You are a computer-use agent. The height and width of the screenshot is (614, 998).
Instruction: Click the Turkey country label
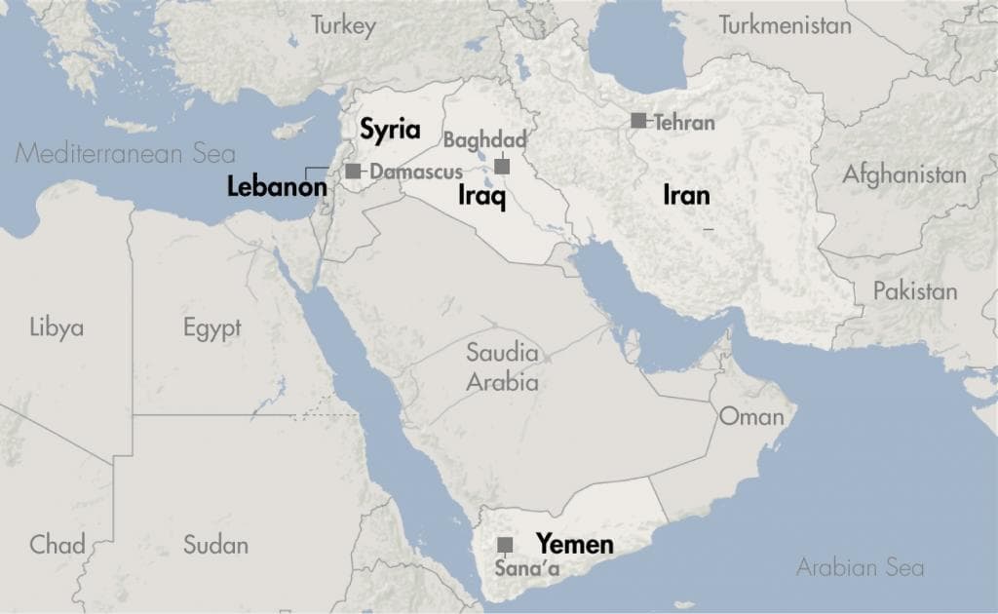point(343,26)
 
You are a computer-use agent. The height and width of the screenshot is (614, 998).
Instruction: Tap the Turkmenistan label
point(785,25)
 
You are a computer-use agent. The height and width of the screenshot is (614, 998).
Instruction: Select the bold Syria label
point(390,130)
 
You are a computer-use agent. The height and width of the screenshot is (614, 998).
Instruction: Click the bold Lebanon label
point(277,187)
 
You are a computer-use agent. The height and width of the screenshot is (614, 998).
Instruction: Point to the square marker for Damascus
point(353,172)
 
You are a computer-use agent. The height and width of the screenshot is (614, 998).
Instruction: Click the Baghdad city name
point(484,140)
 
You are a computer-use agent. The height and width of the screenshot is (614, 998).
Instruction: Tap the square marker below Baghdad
point(502,167)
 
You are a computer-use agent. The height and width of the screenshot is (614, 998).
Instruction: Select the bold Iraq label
point(481,198)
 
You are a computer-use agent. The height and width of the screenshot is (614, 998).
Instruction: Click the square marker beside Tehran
point(638,121)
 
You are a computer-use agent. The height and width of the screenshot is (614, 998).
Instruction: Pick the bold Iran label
point(686,195)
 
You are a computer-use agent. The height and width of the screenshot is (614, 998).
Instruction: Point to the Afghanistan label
point(904,175)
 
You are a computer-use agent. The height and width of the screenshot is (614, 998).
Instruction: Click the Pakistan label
point(914,290)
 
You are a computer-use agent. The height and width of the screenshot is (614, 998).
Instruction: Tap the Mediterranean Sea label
point(126,153)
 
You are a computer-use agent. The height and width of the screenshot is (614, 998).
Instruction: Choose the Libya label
point(57,326)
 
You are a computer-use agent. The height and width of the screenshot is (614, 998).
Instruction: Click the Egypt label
point(211,327)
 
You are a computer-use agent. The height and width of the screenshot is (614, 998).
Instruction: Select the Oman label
point(750,417)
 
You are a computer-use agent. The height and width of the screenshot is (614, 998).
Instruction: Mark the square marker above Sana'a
point(505,545)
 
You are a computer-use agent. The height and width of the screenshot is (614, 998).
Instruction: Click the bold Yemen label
point(575,544)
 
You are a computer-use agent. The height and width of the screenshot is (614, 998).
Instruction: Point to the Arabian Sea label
point(860,567)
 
